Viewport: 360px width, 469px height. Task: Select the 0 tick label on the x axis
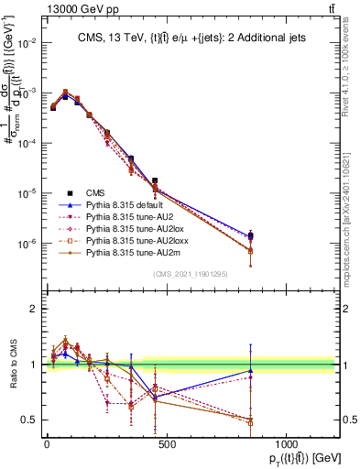(x=47, y=443)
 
